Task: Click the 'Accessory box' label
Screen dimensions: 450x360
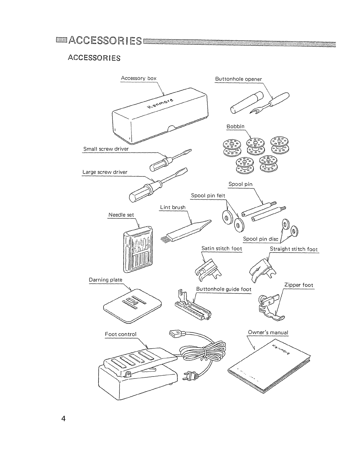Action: coord(139,78)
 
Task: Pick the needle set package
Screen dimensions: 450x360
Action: coord(137,248)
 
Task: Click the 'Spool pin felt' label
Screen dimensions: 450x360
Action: coord(208,196)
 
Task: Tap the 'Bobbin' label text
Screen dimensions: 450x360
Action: coord(235,126)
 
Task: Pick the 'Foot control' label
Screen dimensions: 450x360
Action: coord(121,334)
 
